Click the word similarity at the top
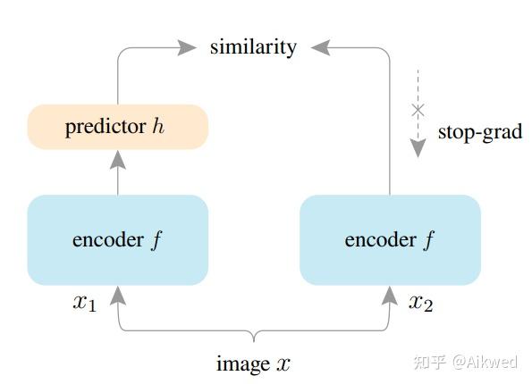(x=253, y=46)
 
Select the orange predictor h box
(x=118, y=127)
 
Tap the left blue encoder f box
(x=118, y=239)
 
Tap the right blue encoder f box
(x=390, y=239)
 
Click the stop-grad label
(x=479, y=132)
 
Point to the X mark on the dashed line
(x=418, y=111)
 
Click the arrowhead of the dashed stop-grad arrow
(x=418, y=147)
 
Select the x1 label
(x=84, y=303)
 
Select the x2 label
(x=420, y=303)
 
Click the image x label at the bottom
(x=253, y=363)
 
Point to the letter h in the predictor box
(x=158, y=127)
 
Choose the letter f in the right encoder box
(x=428, y=239)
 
